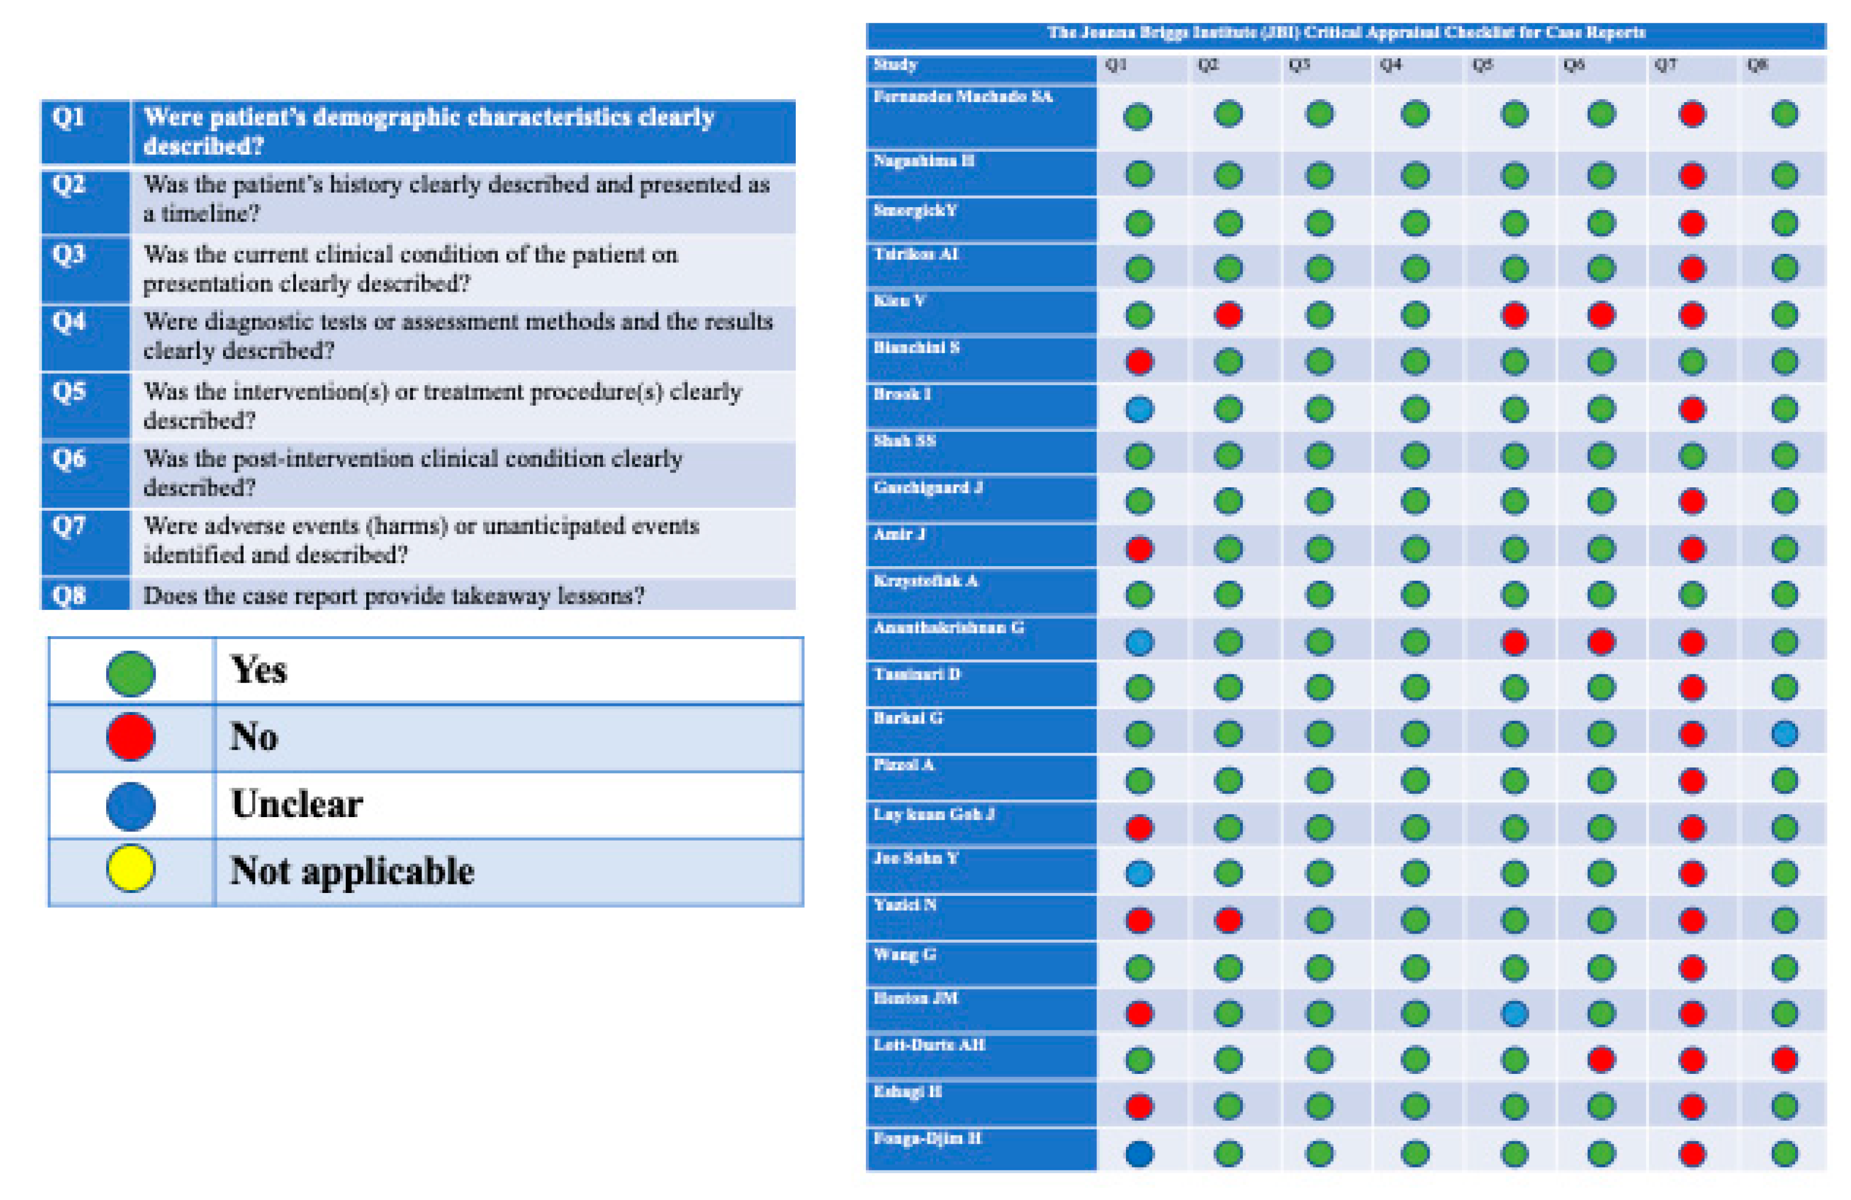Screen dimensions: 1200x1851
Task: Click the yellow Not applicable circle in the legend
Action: pyautogui.click(x=130, y=868)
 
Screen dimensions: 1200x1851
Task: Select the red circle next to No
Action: pyautogui.click(x=130, y=736)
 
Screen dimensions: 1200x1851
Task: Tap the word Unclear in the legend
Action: pyautogui.click(x=297, y=804)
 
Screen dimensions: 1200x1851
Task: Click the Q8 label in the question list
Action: pyautogui.click(x=68, y=595)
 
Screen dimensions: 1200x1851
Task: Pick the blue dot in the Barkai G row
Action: pyautogui.click(x=1784, y=733)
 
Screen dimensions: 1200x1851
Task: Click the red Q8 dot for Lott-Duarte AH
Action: pyautogui.click(x=1784, y=1059)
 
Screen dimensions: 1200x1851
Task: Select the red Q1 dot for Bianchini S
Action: pyautogui.click(x=1139, y=362)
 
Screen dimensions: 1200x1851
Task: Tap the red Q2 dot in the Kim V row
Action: pyautogui.click(x=1228, y=315)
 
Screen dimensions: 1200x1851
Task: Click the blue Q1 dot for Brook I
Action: pyautogui.click(x=1139, y=409)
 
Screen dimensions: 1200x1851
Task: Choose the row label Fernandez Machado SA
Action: pyautogui.click(x=962, y=97)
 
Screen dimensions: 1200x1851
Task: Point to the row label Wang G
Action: pyautogui.click(x=905, y=954)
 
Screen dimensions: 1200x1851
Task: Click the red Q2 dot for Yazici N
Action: pyautogui.click(x=1228, y=920)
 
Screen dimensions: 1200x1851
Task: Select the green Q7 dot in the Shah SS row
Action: pyautogui.click(x=1692, y=455)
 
